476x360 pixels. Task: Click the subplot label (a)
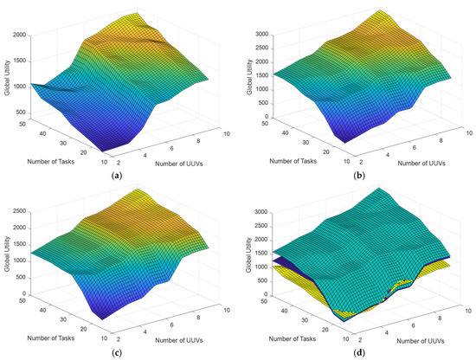116,173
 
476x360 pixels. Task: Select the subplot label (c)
116,350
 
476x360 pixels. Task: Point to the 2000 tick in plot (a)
17,35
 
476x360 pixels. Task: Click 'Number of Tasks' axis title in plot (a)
45,157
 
